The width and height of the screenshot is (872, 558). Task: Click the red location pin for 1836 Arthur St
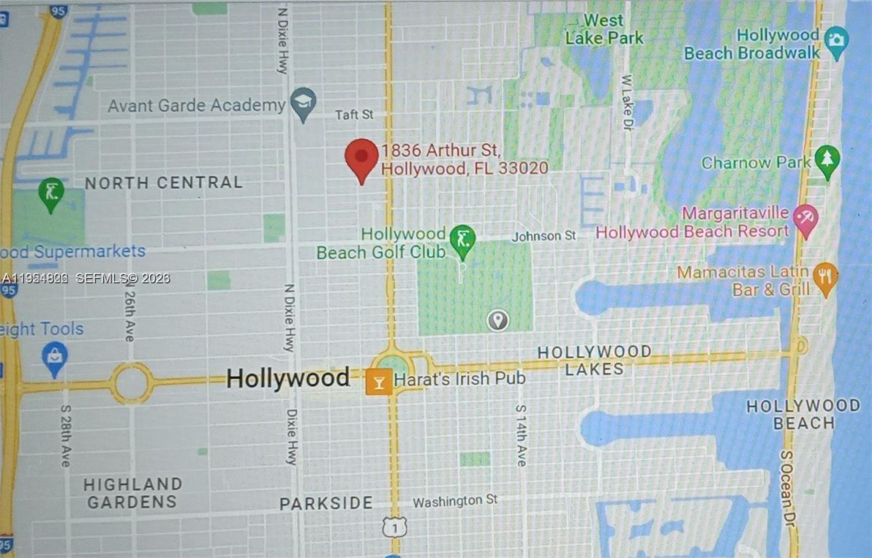click(x=361, y=158)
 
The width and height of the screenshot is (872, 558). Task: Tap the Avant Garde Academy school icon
click(x=302, y=102)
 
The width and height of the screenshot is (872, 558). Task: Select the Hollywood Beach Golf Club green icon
click(x=463, y=241)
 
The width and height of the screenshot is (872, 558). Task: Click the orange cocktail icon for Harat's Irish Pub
click(x=378, y=382)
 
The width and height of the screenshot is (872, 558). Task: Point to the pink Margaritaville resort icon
click(x=805, y=220)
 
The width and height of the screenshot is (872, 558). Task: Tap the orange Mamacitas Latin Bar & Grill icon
click(x=826, y=278)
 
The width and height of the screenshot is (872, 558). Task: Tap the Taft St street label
click(x=354, y=114)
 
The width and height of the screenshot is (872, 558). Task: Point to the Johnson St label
click(x=544, y=236)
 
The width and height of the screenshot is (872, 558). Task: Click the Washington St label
click(x=455, y=501)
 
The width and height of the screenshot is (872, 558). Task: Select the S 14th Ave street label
click(x=521, y=435)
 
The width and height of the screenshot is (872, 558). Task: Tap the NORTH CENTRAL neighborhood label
click(x=163, y=183)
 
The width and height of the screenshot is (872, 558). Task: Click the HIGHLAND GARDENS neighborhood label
click(x=133, y=493)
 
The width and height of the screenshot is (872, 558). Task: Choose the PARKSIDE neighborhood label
click(x=326, y=503)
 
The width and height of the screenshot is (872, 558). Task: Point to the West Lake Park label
click(x=604, y=29)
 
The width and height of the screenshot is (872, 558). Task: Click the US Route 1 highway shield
click(x=394, y=527)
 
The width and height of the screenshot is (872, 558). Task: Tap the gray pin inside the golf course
click(x=497, y=319)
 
